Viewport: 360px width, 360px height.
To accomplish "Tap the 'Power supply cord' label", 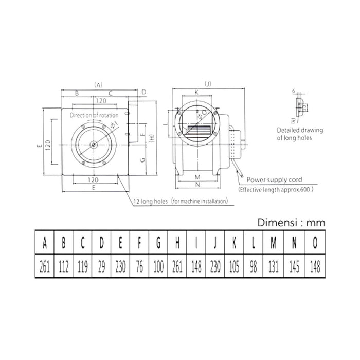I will (274, 180).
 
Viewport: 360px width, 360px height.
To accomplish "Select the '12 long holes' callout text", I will (150, 201).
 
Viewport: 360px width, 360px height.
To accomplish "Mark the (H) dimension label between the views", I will (151, 138).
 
